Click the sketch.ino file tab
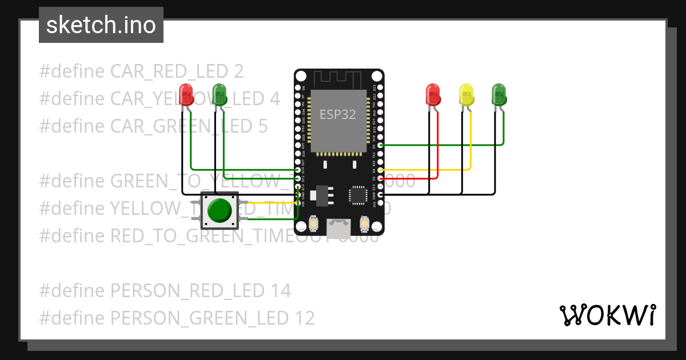pyautogui.click(x=101, y=25)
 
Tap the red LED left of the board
pyautogui.click(x=186, y=94)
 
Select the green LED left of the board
pyautogui.click(x=219, y=94)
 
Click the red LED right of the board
pyautogui.click(x=433, y=94)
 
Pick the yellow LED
pyautogui.click(x=466, y=95)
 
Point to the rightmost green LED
pyautogui.click(x=499, y=94)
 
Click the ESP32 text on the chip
pyautogui.click(x=337, y=114)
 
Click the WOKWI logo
pyautogui.click(x=607, y=315)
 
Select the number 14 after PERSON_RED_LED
pyautogui.click(x=279, y=291)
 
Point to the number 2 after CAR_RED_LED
pyautogui.click(x=238, y=71)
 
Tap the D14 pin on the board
pyautogui.click(x=298, y=170)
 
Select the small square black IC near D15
pyautogui.click(x=358, y=195)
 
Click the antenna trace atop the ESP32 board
pyautogui.click(x=339, y=78)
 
